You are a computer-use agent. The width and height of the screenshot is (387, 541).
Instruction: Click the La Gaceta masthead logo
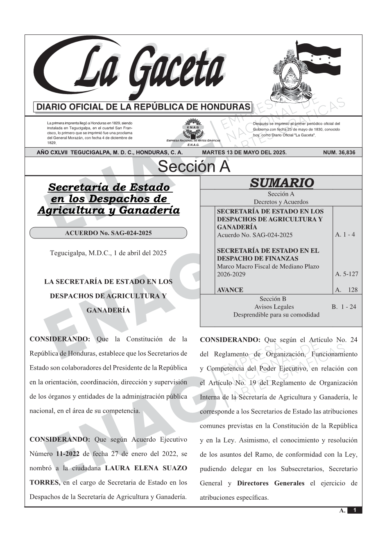click(x=131, y=70)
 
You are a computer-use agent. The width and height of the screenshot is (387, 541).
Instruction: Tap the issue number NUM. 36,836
click(x=339, y=153)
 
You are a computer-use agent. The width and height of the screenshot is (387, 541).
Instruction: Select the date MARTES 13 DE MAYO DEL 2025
click(x=244, y=153)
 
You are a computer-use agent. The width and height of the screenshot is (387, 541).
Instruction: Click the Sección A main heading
click(x=194, y=167)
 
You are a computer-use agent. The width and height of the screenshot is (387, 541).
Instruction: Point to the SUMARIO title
click(x=281, y=183)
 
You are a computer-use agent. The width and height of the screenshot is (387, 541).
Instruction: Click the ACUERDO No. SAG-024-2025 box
click(x=108, y=233)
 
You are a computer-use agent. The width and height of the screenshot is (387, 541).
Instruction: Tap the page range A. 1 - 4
click(x=345, y=235)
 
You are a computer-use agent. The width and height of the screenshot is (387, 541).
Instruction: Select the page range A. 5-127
click(x=346, y=274)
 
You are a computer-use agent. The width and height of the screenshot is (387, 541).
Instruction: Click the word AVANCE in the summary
click(x=230, y=290)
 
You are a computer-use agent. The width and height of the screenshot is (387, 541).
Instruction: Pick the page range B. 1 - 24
click(x=344, y=307)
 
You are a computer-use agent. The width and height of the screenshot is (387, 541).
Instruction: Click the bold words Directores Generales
click(x=271, y=483)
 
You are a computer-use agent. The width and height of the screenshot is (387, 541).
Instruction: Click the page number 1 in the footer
click(x=355, y=510)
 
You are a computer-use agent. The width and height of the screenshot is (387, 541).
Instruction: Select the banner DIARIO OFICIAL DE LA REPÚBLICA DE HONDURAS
click(x=143, y=107)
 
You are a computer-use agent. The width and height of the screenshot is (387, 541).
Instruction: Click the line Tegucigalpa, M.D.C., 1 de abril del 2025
click(x=108, y=253)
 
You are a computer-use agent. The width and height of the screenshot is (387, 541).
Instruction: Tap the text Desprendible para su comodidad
click(x=276, y=315)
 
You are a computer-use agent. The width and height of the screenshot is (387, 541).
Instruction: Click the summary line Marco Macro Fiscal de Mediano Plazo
click(x=268, y=266)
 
